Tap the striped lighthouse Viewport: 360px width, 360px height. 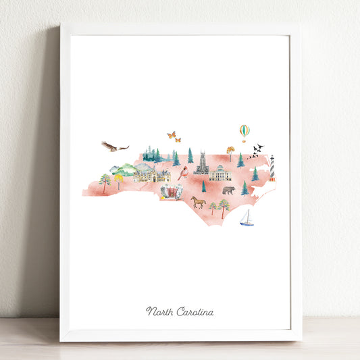(x=272, y=167)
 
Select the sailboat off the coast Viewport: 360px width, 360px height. (x=247, y=218)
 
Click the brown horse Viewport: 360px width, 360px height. (x=198, y=201)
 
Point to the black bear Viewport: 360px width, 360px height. (x=228, y=190)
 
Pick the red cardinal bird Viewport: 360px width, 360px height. (x=183, y=173)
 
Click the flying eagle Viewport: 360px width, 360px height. (x=113, y=146)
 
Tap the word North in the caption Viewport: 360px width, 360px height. (x=160, y=311)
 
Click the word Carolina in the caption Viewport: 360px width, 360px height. (x=195, y=311)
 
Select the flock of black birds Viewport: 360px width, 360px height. (x=255, y=151)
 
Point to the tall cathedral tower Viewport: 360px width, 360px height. (x=201, y=162)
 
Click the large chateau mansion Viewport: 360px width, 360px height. (x=151, y=176)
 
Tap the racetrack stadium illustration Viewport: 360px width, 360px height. (x=172, y=191)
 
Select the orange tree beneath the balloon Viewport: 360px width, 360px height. (x=231, y=152)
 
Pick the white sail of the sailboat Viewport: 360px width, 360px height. (x=247, y=215)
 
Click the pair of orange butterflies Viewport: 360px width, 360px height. (x=174, y=136)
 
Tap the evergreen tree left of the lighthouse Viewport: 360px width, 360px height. (x=255, y=174)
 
